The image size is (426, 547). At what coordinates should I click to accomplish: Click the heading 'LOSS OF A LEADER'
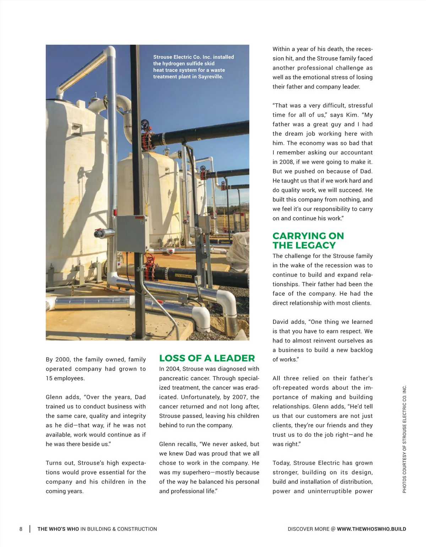tap(207, 358)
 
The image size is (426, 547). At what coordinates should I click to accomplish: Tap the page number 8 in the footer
tap(21, 529)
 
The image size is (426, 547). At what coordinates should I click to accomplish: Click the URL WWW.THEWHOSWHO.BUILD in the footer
tap(371, 529)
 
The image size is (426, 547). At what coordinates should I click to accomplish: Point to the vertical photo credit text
tap(404, 439)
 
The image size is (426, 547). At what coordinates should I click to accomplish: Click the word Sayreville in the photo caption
tap(211, 77)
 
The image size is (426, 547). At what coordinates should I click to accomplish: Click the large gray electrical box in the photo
tap(131, 234)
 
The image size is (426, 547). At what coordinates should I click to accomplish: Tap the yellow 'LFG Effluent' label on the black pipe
tap(183, 276)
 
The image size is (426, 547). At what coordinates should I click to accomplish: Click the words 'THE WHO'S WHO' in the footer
tap(58, 529)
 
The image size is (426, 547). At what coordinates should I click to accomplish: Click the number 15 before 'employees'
tap(49, 378)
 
